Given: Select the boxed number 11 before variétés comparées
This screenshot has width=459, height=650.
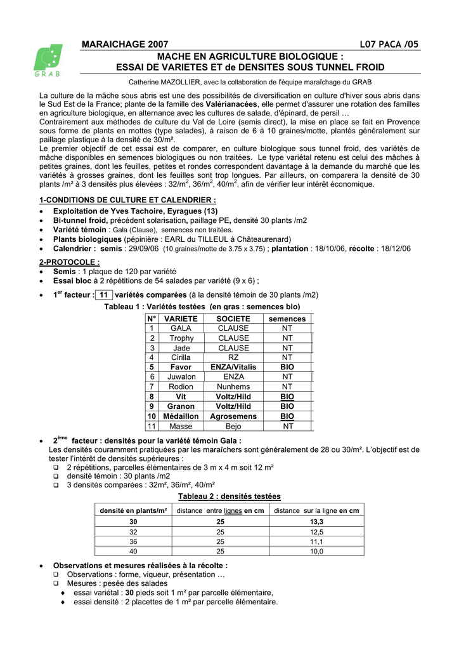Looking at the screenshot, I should [x=105, y=295].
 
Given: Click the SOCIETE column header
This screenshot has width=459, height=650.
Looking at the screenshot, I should [x=233, y=319].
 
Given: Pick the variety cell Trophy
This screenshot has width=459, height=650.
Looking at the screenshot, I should [x=181, y=338].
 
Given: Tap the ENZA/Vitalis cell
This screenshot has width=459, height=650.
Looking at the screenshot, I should [x=233, y=368].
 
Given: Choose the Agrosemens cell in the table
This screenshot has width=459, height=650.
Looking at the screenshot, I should [x=233, y=416].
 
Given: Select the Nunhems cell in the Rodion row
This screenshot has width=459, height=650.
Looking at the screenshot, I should [x=233, y=387].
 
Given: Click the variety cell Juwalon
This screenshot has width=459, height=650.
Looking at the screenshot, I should [x=181, y=377].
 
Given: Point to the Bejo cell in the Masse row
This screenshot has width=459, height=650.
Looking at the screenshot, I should [x=233, y=427].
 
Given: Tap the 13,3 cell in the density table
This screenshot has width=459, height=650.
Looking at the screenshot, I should [x=316, y=521].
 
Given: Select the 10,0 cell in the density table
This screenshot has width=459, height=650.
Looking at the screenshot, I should [x=316, y=552].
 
